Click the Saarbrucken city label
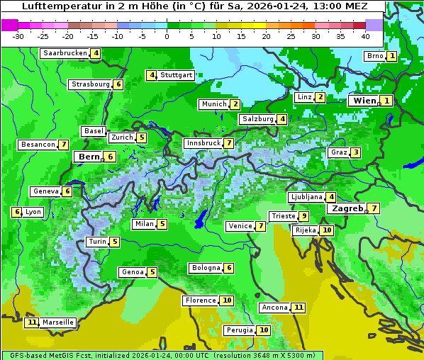click(x=65, y=53)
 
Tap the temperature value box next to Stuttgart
click(x=151, y=75)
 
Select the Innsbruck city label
click(x=203, y=143)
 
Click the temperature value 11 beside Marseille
click(x=31, y=322)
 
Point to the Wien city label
click(x=365, y=101)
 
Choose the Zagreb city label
click(x=347, y=208)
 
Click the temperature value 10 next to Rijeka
click(x=326, y=230)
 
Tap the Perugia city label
click(x=239, y=330)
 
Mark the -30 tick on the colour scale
click(x=18, y=35)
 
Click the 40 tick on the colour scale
click(x=365, y=35)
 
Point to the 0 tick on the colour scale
click(x=167, y=35)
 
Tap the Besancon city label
click(x=38, y=145)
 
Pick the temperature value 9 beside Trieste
click(x=303, y=216)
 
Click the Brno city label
click(x=374, y=56)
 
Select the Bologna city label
click(x=205, y=268)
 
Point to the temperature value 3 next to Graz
click(x=355, y=152)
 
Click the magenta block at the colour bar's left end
click(x=9, y=25)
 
